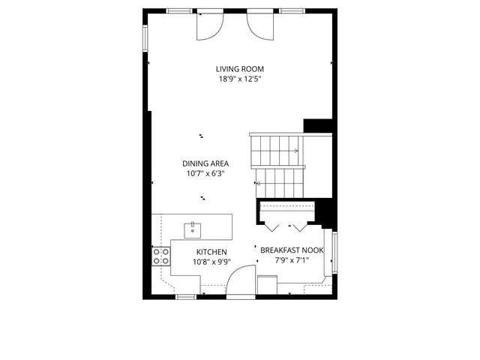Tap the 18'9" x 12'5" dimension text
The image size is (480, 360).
tap(239, 78)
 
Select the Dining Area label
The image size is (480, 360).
tap(205, 163)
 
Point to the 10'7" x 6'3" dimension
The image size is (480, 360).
tap(205, 173)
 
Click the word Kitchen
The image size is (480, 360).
tap(211, 252)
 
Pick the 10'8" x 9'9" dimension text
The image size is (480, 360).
tap(211, 262)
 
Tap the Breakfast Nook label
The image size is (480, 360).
tap(292, 250)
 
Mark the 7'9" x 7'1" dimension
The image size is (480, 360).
tap(292, 260)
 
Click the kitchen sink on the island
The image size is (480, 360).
tap(192, 226)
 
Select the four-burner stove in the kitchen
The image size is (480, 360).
tap(160, 256)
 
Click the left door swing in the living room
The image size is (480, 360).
tap(209, 26)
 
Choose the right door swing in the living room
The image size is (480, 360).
tap(259, 26)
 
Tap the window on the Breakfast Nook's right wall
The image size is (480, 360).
tap(334, 253)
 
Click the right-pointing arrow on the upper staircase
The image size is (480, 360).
tap(296, 151)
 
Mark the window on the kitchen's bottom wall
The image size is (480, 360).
tap(185, 297)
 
